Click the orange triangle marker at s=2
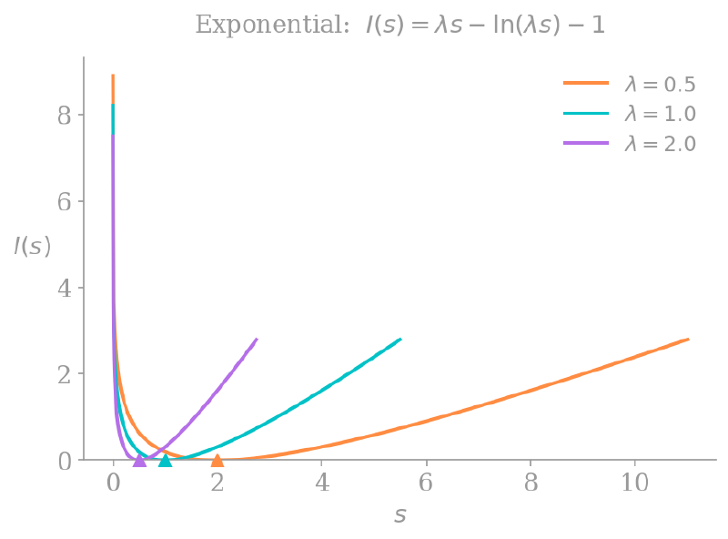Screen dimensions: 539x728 click(x=217, y=461)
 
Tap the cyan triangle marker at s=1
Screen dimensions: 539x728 click(x=165, y=461)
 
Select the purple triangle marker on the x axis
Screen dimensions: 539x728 click(x=139, y=461)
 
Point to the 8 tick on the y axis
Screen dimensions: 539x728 click(x=64, y=116)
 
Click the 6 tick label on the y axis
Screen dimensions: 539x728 click(x=64, y=202)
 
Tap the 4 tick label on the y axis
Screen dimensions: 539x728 click(x=64, y=289)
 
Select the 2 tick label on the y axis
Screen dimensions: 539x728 click(x=64, y=374)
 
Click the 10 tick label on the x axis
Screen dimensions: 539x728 click(x=634, y=483)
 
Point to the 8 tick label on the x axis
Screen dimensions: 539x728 click(x=530, y=483)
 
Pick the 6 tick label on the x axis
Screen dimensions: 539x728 click(x=426, y=483)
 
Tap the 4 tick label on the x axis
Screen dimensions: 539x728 click(x=321, y=483)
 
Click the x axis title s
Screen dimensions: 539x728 click(x=399, y=515)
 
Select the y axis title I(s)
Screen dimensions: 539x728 click(x=32, y=246)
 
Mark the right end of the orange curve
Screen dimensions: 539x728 click(x=688, y=340)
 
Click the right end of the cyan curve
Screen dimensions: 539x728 click(x=400, y=339)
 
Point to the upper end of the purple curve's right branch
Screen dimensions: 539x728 click(x=258, y=339)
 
